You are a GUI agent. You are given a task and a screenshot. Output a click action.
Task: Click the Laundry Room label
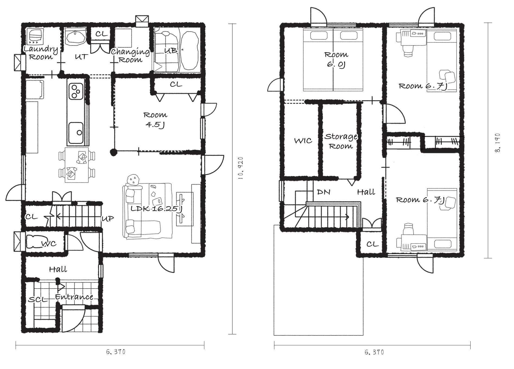click(x=41, y=53)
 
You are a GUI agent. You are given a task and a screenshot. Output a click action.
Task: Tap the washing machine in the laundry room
click(x=35, y=37)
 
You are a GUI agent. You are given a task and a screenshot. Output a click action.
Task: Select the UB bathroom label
click(x=171, y=50)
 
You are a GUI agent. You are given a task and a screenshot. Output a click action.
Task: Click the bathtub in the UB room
click(x=189, y=50)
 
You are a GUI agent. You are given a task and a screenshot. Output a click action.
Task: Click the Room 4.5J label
click(x=155, y=120)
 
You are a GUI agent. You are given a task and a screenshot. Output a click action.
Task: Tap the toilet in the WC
click(x=34, y=241)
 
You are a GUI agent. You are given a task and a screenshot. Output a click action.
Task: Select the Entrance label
click(x=74, y=297)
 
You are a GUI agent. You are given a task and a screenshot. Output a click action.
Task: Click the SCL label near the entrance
click(x=38, y=299)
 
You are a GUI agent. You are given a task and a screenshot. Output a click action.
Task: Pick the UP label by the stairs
click(x=108, y=219)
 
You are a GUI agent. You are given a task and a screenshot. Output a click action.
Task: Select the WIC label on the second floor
click(x=303, y=141)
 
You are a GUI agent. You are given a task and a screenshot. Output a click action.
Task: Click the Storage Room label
click(x=341, y=141)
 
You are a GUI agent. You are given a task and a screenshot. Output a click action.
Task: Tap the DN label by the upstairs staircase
click(x=323, y=192)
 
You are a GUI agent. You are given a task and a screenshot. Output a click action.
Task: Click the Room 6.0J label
click(x=336, y=60)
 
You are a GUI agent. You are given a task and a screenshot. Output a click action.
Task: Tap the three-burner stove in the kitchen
click(x=76, y=91)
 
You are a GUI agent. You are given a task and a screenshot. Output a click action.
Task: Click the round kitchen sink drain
click(x=79, y=133)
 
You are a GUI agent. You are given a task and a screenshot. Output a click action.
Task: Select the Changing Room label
click(x=130, y=56)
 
